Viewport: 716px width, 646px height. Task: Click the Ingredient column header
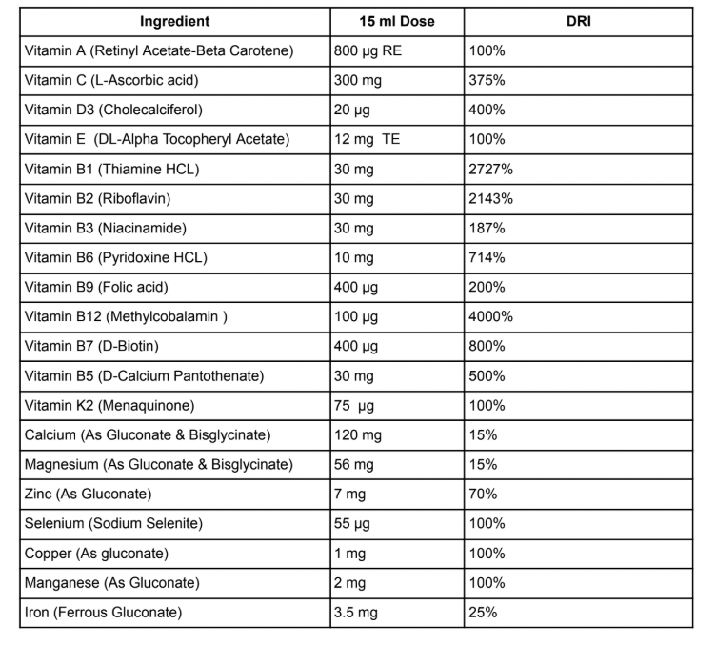tap(174, 21)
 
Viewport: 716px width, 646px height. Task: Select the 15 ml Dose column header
tap(397, 21)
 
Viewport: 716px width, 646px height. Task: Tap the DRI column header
tap(578, 21)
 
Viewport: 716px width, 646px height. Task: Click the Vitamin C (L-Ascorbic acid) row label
tap(109, 80)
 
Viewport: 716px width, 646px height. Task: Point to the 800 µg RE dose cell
tap(368, 50)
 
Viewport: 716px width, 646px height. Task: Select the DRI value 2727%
tap(492, 169)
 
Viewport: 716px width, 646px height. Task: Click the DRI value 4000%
tap(492, 316)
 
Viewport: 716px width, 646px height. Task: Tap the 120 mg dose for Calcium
tap(358, 434)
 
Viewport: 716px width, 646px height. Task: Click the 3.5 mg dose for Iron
tap(356, 612)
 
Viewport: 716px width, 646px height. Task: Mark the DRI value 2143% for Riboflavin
tap(492, 198)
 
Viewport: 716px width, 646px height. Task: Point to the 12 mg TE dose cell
tap(367, 139)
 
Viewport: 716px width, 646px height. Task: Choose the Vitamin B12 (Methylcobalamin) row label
tap(124, 316)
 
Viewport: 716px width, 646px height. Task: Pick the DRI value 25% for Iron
tap(484, 612)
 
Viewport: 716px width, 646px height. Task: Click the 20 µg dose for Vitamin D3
tap(352, 110)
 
